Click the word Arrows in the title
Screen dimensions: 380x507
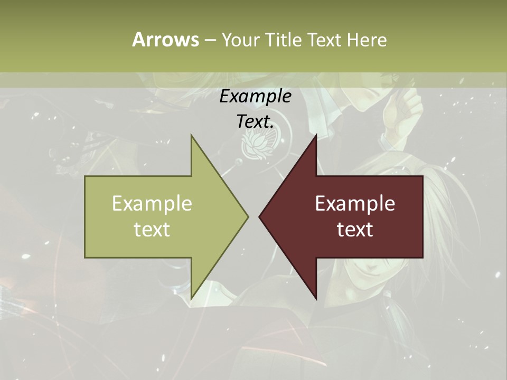(x=165, y=40)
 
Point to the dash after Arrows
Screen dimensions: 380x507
(x=210, y=40)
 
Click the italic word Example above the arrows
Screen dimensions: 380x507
(x=255, y=97)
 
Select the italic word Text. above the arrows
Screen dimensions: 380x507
(x=255, y=121)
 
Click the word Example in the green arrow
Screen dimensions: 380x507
(x=152, y=203)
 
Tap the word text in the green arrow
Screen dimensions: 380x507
(x=152, y=229)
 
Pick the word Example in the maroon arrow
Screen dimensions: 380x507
(x=355, y=203)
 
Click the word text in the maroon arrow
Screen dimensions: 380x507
(x=355, y=229)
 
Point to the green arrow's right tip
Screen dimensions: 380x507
(x=248, y=216)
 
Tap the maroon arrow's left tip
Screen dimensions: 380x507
(x=259, y=216)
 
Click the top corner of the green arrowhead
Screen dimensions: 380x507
(x=192, y=136)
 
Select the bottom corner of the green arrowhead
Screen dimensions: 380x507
(x=192, y=298)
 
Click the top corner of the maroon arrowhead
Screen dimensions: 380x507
(x=316, y=136)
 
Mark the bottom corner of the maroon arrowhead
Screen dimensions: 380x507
(x=316, y=298)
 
